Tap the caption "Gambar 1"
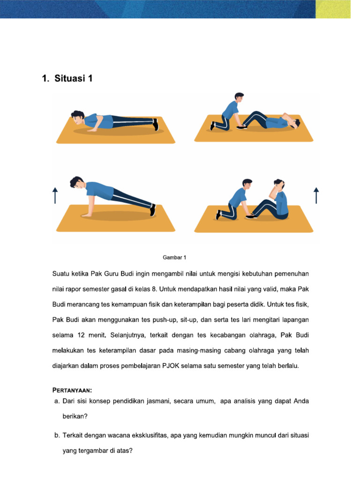174,257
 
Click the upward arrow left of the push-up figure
55,195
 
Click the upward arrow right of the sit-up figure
316,195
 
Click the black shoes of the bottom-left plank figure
152,210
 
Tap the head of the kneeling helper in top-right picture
239,98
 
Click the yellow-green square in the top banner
333,9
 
